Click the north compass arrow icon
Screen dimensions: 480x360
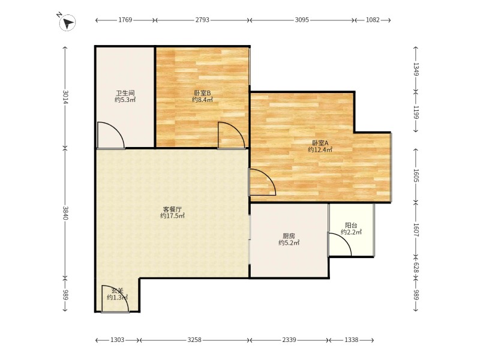point(68,22)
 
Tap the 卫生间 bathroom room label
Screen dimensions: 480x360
point(125,93)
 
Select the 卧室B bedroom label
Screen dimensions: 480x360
point(202,93)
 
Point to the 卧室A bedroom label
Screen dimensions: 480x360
point(320,143)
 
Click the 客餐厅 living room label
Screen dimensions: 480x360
point(172,209)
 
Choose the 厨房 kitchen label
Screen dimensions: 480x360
point(289,236)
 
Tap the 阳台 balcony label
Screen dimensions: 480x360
point(351,226)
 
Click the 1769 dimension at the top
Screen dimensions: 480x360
point(125,20)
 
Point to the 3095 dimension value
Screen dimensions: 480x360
point(302,20)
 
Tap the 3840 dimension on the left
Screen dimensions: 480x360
point(65,213)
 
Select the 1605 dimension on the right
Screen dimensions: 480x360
point(416,176)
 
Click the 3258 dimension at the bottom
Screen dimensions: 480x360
point(194,340)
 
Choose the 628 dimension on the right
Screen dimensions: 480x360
point(416,267)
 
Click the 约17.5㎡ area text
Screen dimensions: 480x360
point(172,216)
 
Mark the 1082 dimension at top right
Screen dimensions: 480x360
point(373,20)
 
